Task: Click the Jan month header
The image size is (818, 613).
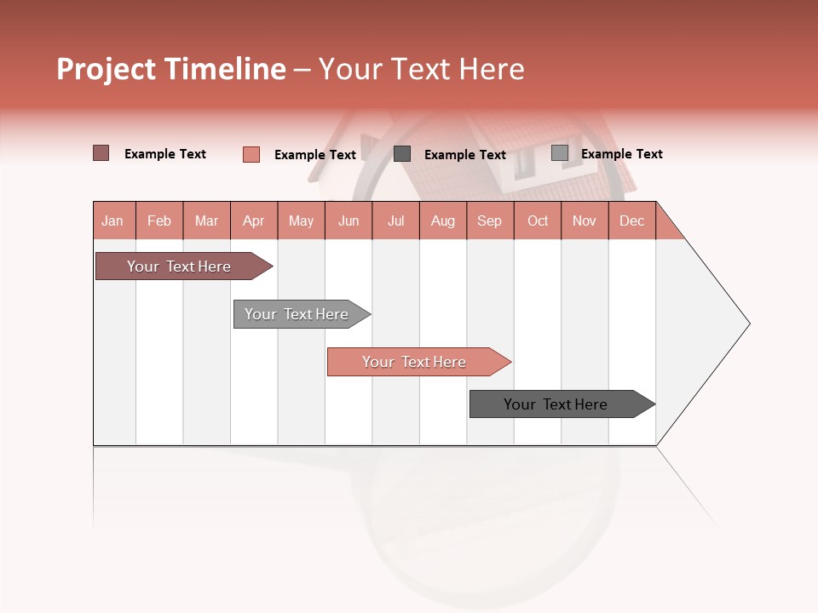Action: tap(112, 221)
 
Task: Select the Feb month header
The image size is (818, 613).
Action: tap(159, 221)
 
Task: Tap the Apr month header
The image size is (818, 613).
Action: tap(253, 221)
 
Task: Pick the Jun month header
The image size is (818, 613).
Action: tap(349, 221)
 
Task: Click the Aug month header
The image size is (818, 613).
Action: tap(442, 221)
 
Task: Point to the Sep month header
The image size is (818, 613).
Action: tap(489, 221)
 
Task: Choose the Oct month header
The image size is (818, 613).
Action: tap(538, 221)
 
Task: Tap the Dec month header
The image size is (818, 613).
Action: tap(631, 221)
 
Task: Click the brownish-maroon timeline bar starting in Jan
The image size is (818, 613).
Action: tap(179, 266)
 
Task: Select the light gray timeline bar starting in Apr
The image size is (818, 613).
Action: tap(297, 314)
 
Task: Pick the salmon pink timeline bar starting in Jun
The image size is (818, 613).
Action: tap(414, 362)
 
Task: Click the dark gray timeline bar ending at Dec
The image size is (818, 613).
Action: tap(556, 404)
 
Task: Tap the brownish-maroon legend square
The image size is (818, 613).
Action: tap(101, 153)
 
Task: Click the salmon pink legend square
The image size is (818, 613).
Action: tap(251, 154)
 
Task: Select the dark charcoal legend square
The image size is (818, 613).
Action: tap(402, 154)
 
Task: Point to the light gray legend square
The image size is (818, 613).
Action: tap(559, 153)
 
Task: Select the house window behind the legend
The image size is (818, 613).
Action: tap(523, 162)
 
